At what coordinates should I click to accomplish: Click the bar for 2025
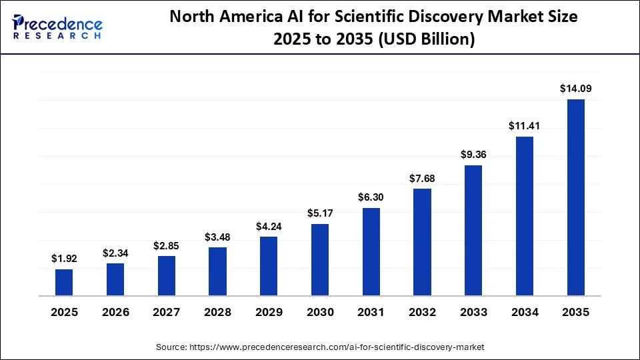click(64, 282)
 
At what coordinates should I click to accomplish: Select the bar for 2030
click(320, 259)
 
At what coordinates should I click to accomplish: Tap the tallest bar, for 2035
click(575, 197)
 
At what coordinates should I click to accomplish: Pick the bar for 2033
click(473, 230)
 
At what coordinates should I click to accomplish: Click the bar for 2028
click(217, 271)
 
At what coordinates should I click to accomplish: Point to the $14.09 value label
click(575, 88)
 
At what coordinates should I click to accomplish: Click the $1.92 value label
click(64, 258)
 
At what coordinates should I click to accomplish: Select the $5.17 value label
click(320, 213)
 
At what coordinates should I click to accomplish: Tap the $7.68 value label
click(422, 178)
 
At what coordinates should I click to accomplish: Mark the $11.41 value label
click(525, 125)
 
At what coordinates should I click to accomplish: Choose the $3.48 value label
click(217, 237)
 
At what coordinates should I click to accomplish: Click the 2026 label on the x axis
click(115, 312)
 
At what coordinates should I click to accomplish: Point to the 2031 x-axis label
click(371, 312)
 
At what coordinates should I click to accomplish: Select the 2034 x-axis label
click(525, 312)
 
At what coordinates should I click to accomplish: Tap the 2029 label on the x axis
click(269, 312)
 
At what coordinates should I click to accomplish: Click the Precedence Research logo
click(57, 27)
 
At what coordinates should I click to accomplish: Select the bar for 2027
click(167, 275)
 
